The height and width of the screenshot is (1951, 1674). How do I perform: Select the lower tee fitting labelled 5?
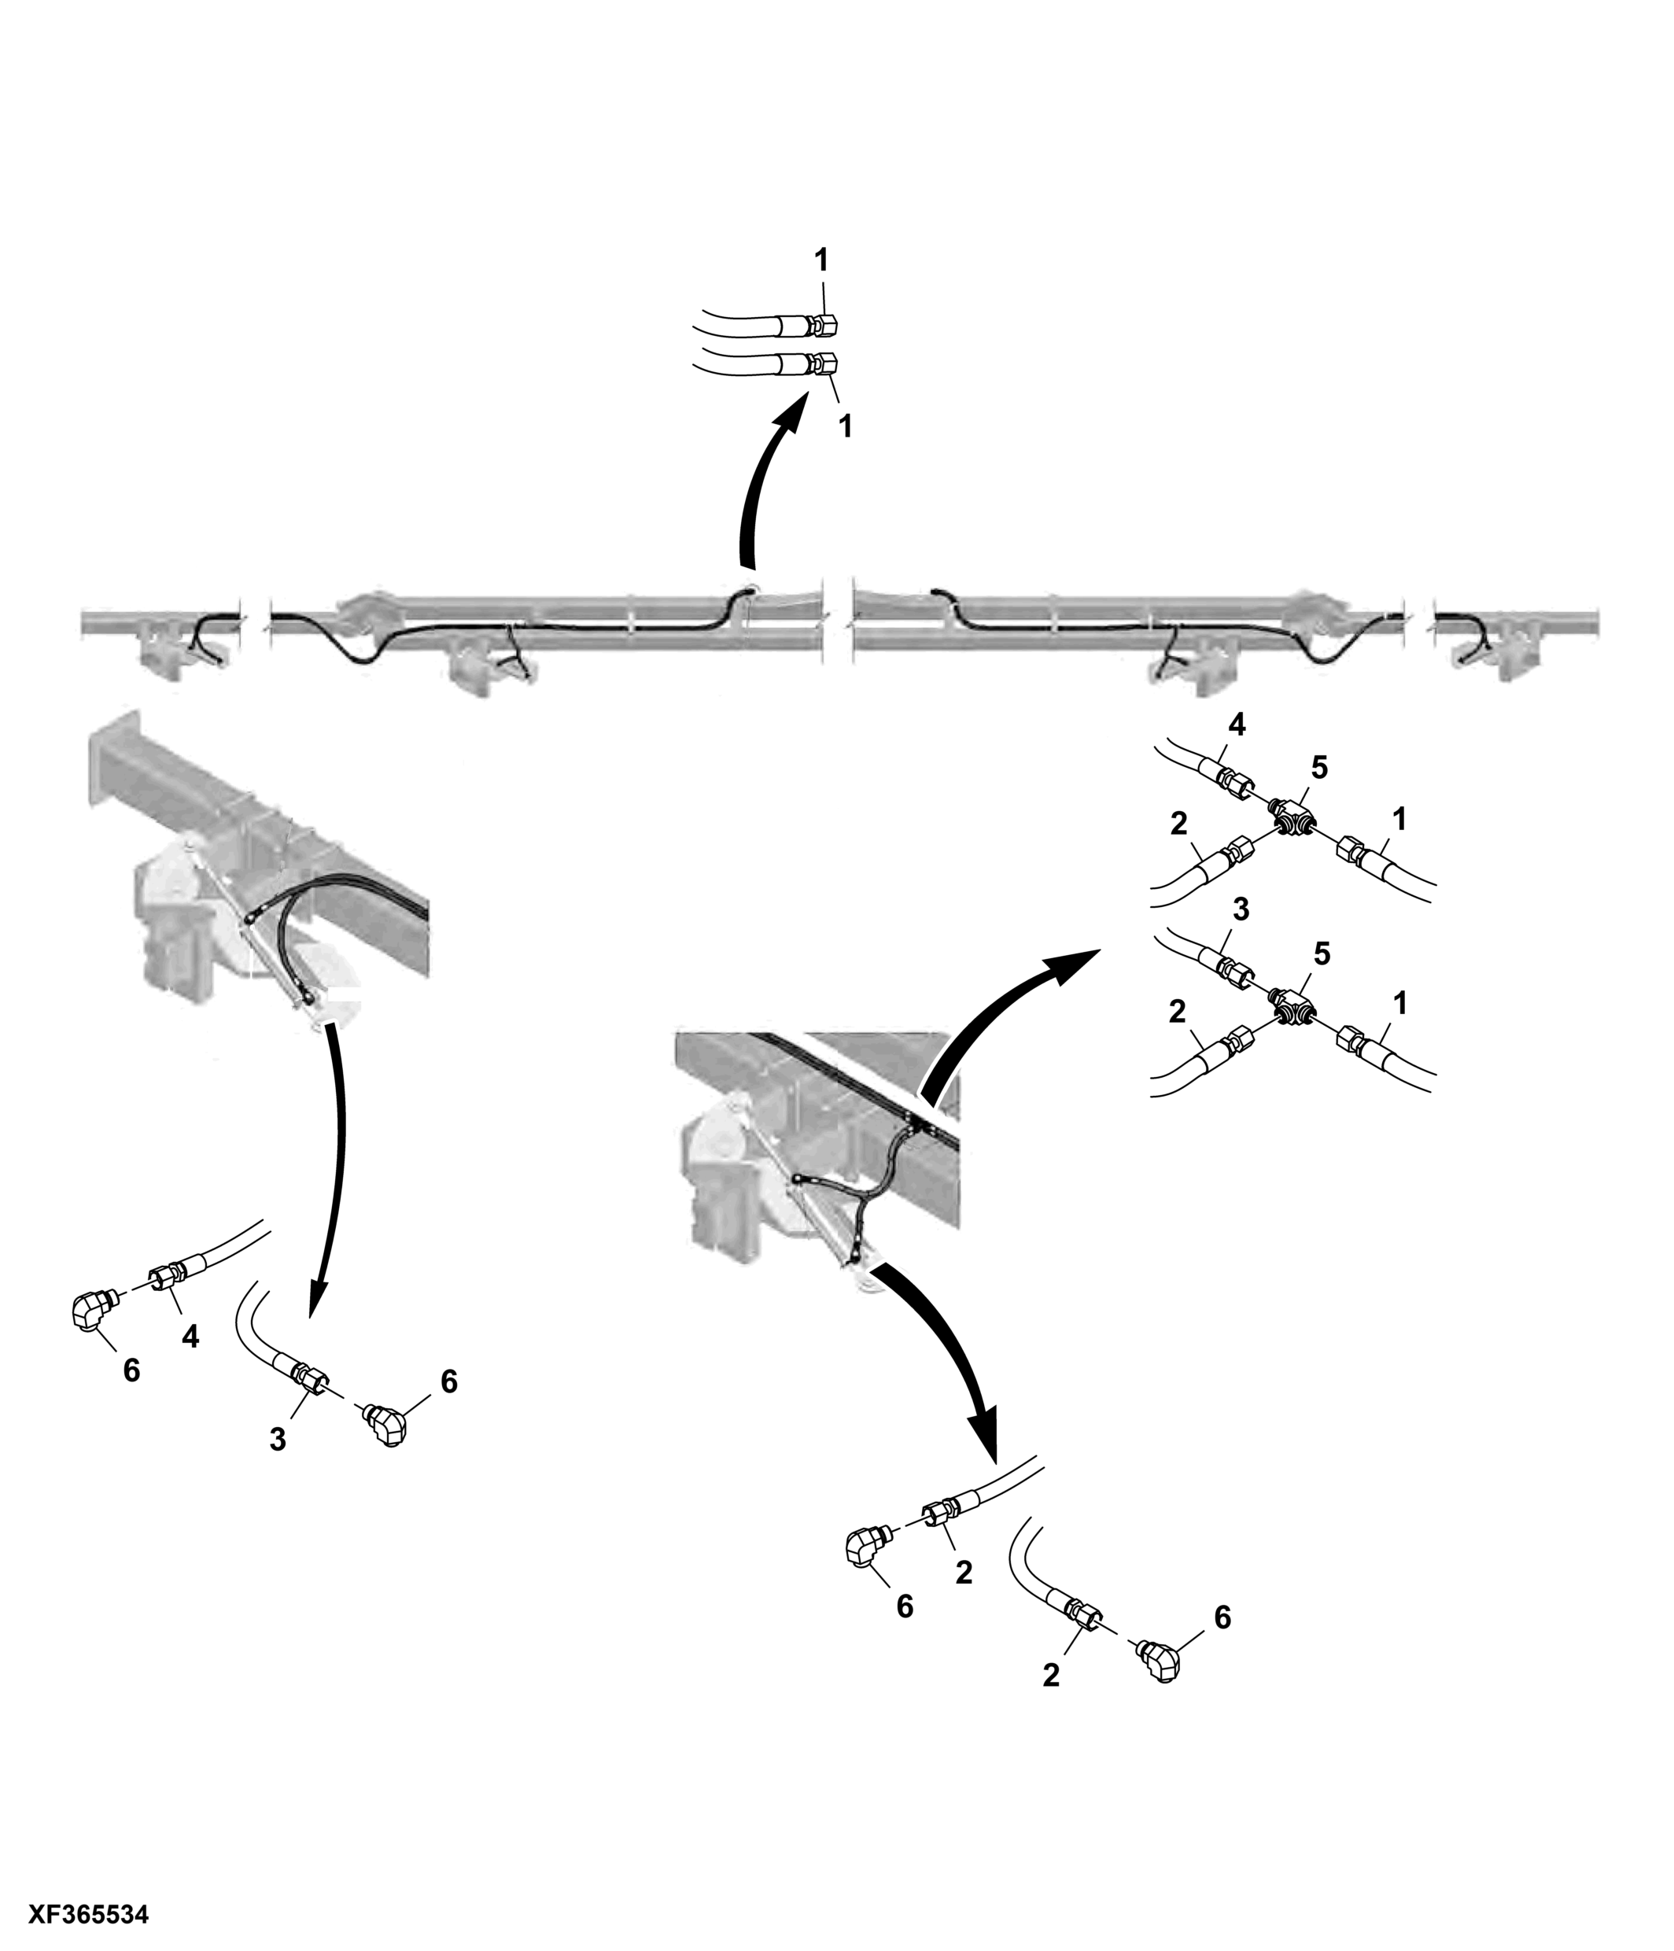(1292, 1008)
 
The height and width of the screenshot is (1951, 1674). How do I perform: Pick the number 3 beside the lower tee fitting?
(1240, 909)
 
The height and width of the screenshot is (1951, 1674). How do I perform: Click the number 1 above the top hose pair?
(821, 260)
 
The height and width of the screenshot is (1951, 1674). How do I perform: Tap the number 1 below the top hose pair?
(845, 426)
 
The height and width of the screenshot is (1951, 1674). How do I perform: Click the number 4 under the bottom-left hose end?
(190, 1336)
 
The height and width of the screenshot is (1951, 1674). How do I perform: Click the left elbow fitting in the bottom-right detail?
(867, 1548)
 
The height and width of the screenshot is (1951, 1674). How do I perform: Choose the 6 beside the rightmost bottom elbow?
(1222, 1617)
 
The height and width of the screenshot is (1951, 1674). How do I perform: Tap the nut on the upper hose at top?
(819, 326)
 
